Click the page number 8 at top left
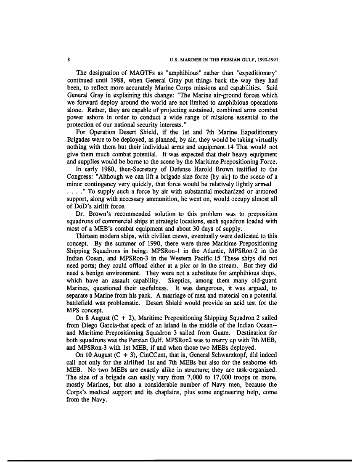69,59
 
